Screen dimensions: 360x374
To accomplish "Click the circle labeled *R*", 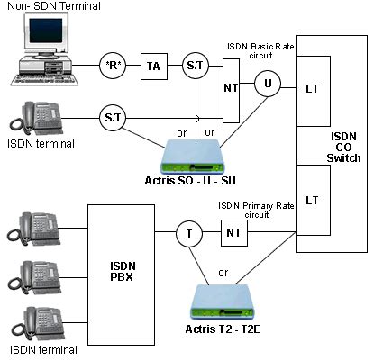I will click(x=113, y=66).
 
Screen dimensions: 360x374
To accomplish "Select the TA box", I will click(x=153, y=66).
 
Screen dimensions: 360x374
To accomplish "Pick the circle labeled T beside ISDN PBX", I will click(x=188, y=235).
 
